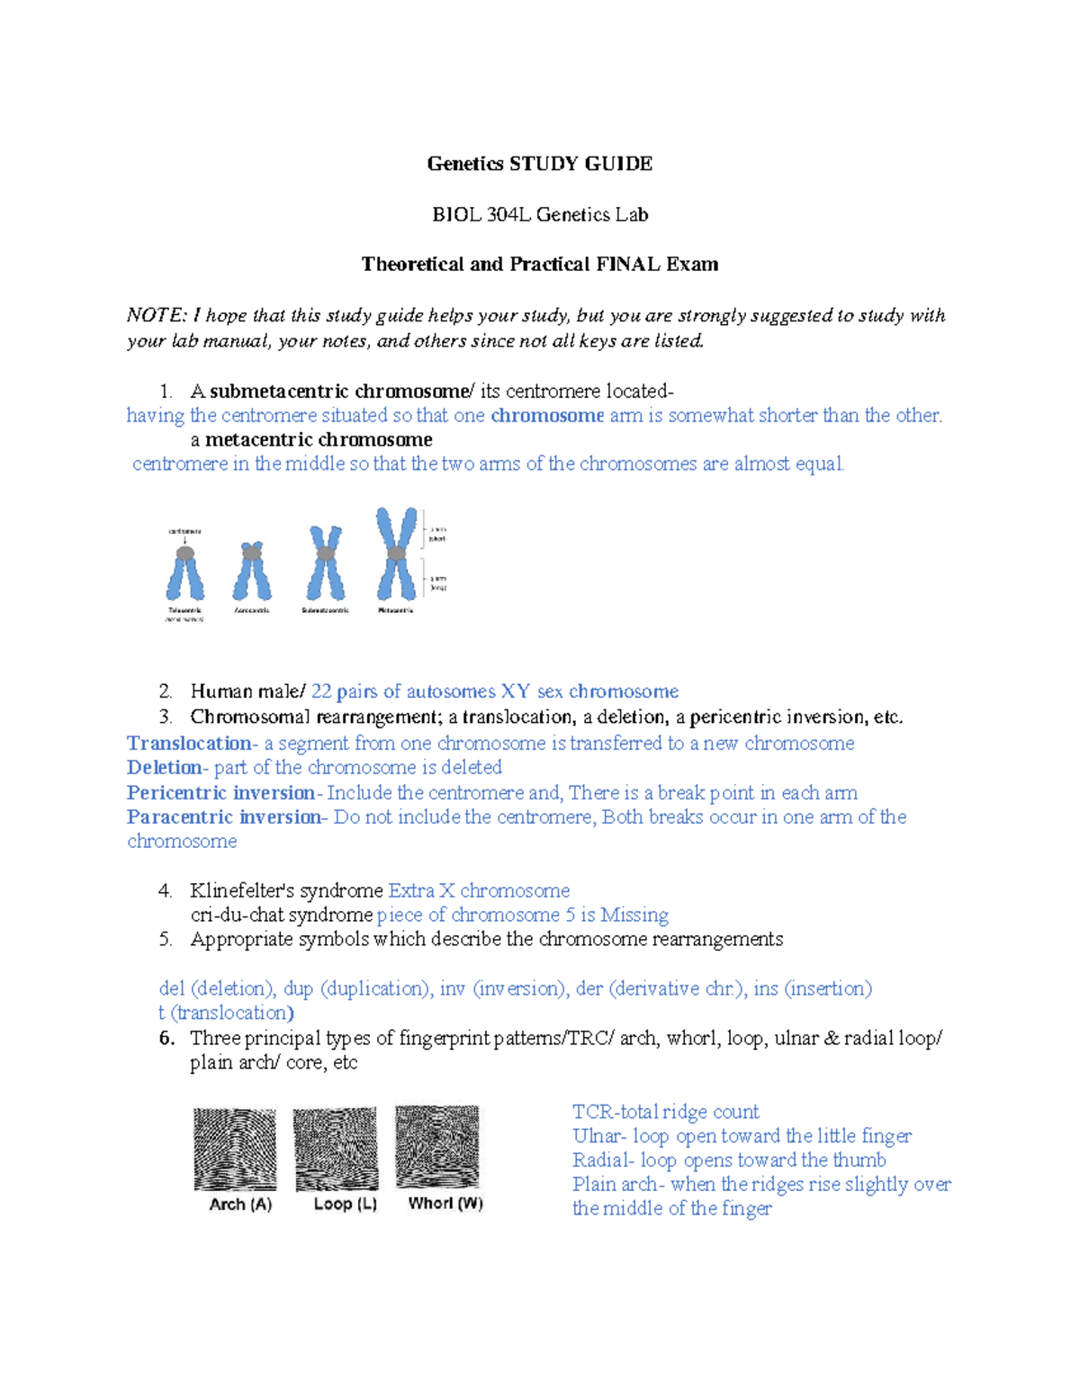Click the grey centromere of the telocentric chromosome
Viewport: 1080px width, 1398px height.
click(x=184, y=554)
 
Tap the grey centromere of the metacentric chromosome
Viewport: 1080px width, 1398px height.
click(x=396, y=553)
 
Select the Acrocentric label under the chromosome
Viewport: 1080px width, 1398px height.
click(x=252, y=610)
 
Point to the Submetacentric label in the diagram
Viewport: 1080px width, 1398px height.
click(x=325, y=610)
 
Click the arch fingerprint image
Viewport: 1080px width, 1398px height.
click(x=235, y=1150)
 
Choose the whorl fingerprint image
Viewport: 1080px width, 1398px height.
click(x=437, y=1148)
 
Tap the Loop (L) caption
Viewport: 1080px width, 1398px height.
click(x=345, y=1204)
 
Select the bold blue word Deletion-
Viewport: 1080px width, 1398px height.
click(x=167, y=768)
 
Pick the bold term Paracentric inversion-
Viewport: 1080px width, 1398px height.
click(x=226, y=817)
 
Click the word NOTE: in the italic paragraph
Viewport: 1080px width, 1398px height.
click(x=157, y=316)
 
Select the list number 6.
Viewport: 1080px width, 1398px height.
click(x=166, y=1038)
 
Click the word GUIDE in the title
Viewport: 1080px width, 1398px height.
click(x=618, y=164)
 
